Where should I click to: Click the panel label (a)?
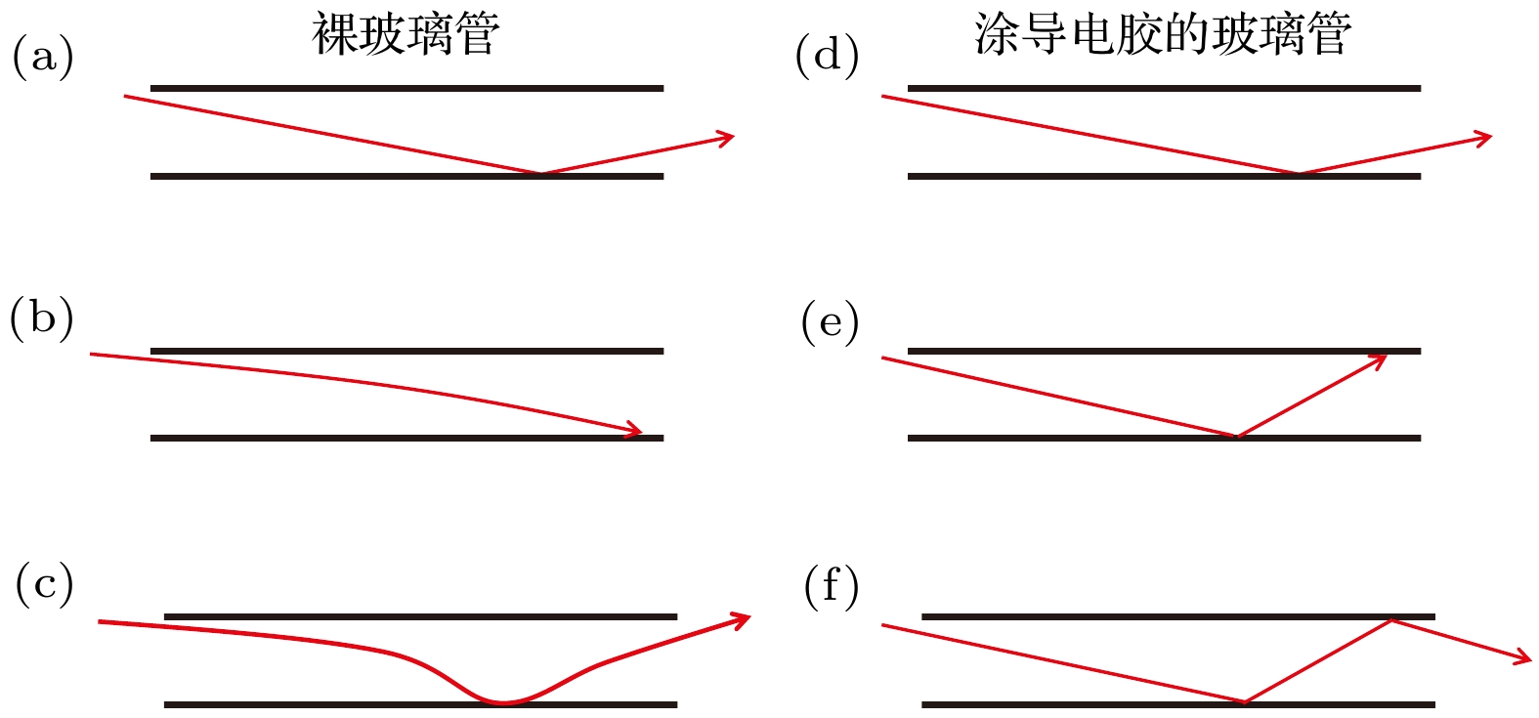pos(43,57)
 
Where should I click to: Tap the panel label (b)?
pos(41,318)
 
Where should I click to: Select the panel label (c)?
pos(44,584)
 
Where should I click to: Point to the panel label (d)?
pos(827,57)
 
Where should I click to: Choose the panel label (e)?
pos(830,322)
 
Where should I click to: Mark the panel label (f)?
pos(832,586)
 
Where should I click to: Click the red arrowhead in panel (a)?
pos(725,138)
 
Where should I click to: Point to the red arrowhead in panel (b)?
pos(633,430)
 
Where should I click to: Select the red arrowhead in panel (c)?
pos(740,620)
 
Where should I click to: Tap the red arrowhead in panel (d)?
pos(1482,138)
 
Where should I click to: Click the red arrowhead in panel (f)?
pos(1522,657)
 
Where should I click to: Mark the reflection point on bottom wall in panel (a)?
pos(540,173)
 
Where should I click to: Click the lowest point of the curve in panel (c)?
pos(502,702)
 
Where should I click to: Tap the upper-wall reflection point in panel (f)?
pos(1392,619)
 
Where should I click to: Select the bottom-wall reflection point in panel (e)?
pos(1236,436)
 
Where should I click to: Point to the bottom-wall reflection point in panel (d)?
pos(1298,173)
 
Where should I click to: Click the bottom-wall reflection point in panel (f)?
pos(1244,701)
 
